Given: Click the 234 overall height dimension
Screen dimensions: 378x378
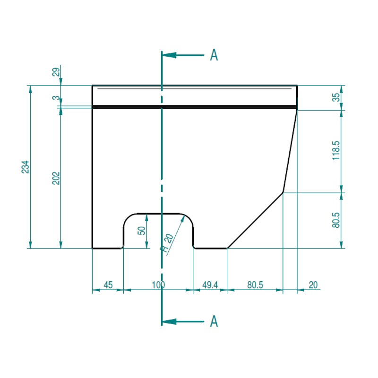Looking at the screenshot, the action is point(25,167).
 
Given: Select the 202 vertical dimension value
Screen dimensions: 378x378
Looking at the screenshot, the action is point(56,178).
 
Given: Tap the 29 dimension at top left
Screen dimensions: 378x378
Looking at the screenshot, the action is point(56,72).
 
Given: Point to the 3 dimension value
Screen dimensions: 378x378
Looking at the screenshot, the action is point(56,98).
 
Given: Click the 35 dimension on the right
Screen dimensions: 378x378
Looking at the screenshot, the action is point(336,97).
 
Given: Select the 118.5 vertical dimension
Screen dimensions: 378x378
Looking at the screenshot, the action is point(336,150).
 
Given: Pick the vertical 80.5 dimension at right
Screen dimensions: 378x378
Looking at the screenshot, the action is point(336,220).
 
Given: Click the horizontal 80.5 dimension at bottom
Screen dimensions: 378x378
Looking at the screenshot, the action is point(255,285).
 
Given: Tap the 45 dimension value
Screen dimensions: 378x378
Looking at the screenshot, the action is point(108,285).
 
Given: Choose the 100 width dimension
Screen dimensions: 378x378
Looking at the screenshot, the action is point(158,285).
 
